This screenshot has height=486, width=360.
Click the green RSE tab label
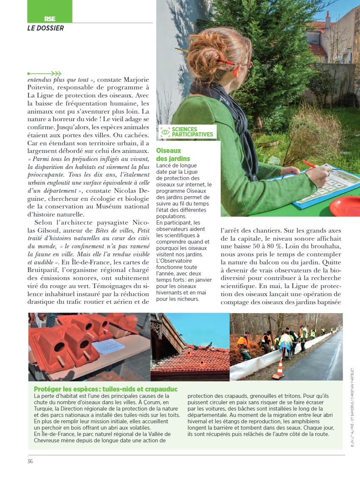(x=50, y=19)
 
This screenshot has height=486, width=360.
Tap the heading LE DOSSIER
(x=46, y=28)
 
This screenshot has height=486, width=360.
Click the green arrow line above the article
(x=44, y=73)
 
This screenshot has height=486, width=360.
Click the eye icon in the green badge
(x=166, y=132)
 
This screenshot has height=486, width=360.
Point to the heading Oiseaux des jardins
(x=173, y=155)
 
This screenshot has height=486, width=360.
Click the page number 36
(x=30, y=461)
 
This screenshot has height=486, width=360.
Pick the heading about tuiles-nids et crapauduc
(x=105, y=389)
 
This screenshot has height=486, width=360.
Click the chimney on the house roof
(x=328, y=20)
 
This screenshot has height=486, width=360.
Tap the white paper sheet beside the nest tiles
(x=108, y=346)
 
